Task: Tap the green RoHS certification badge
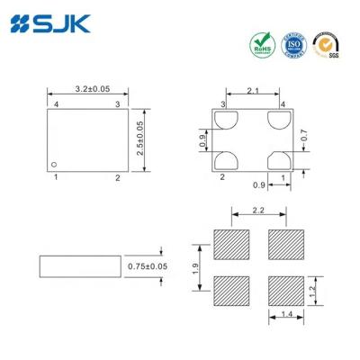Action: point(261,44)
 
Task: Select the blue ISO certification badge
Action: point(292,43)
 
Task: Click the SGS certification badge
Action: point(325,44)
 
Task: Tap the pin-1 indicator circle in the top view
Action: point(54,164)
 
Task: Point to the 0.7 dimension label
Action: point(303,135)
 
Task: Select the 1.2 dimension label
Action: point(311,291)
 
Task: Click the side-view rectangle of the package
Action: point(79,266)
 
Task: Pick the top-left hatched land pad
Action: point(231,243)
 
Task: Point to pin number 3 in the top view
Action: point(116,105)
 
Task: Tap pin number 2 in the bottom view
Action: point(222,177)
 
